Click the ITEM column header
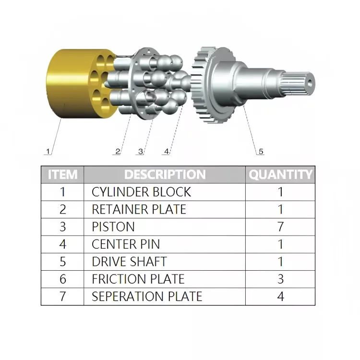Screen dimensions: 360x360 [x=62, y=174]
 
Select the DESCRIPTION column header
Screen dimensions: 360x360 [x=165, y=174]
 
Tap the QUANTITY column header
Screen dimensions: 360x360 [x=280, y=174]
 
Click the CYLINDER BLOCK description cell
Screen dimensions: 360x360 [x=141, y=192]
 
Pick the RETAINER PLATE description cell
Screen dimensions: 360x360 [x=139, y=209]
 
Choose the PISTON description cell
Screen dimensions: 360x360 [x=113, y=227]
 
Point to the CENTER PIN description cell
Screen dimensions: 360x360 [x=126, y=244]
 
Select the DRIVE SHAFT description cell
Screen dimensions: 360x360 [x=129, y=262]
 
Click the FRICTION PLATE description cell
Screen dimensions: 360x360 [x=138, y=279]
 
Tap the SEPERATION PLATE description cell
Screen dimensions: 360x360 [x=147, y=296]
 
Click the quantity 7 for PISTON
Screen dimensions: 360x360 [x=281, y=227]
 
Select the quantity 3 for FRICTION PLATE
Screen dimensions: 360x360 [x=281, y=279]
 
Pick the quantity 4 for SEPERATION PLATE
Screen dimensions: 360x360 [x=281, y=296]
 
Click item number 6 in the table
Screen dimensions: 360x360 [x=62, y=279]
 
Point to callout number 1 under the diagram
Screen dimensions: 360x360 [x=48, y=151]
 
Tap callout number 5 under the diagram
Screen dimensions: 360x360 [x=261, y=151]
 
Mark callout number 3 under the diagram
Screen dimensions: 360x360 [x=140, y=151]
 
